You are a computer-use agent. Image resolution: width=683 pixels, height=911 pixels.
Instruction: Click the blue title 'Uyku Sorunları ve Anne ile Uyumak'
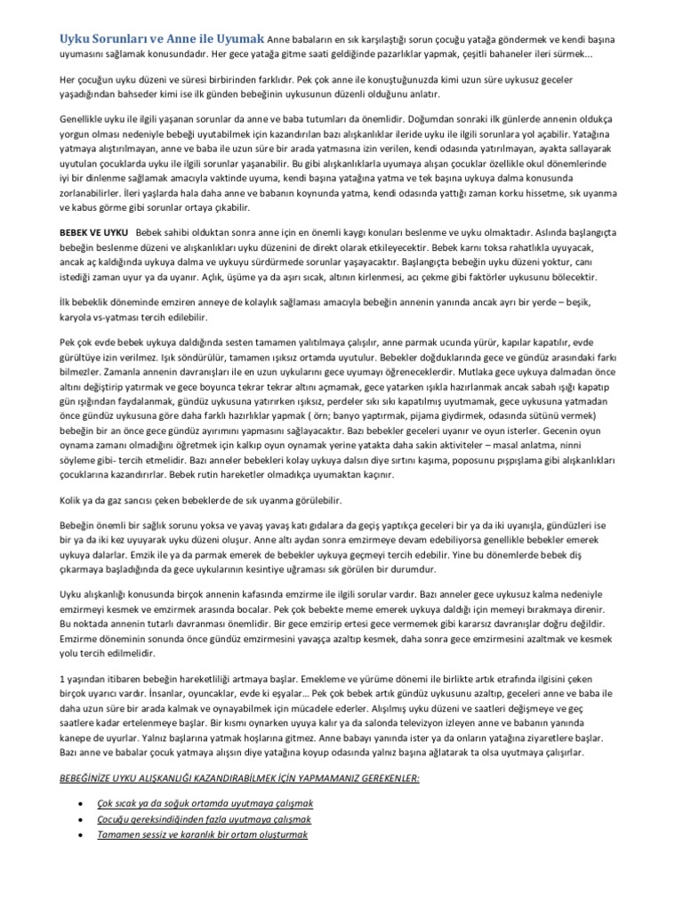(x=162, y=40)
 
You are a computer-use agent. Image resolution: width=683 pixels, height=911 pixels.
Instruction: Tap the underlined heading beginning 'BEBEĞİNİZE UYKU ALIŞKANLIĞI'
(x=239, y=778)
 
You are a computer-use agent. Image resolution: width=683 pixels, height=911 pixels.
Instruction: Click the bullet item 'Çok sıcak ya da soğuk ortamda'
(x=205, y=803)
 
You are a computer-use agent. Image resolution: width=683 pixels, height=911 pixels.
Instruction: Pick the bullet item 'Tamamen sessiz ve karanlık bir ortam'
(x=202, y=835)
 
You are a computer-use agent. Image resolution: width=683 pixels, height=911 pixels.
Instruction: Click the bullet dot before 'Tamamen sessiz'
(x=81, y=836)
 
